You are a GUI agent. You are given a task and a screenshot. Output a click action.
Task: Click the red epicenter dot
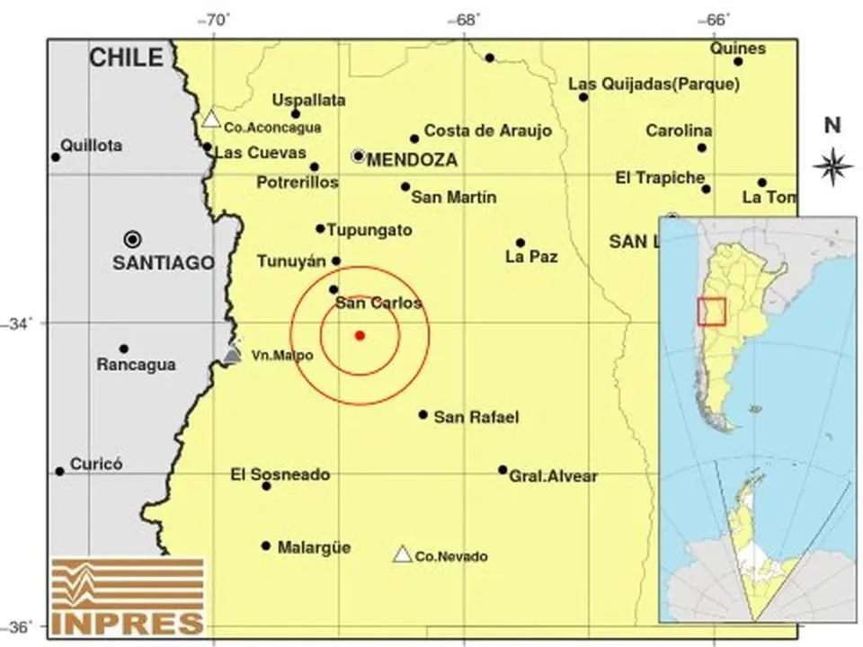[360, 335]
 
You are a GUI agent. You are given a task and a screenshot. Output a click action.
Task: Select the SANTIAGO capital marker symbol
[133, 239]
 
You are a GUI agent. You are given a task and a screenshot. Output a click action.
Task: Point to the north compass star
[833, 164]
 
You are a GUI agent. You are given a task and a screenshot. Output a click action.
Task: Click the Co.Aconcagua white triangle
[211, 119]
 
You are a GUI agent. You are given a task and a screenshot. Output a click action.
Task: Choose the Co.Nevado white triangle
[403, 554]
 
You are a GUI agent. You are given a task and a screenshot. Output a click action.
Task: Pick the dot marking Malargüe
[266, 545]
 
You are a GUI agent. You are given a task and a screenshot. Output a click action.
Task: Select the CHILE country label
[127, 59]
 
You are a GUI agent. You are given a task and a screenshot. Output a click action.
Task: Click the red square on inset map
[711, 310]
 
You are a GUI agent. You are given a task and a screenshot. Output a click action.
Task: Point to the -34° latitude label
[20, 323]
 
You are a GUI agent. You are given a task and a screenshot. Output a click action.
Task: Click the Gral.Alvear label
[553, 476]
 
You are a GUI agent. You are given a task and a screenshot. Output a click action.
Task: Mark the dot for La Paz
[520, 243]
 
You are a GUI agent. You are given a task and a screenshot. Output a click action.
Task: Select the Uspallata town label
[308, 101]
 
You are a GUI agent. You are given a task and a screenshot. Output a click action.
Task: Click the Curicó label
[96, 465]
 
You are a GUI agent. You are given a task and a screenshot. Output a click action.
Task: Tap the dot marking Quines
[738, 62]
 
